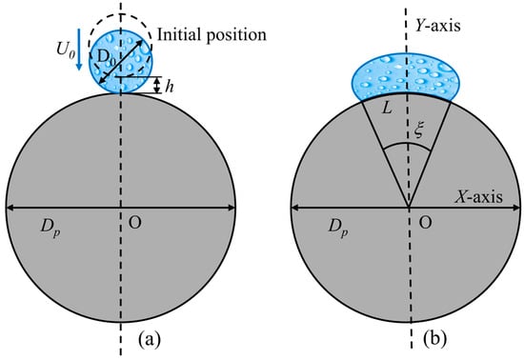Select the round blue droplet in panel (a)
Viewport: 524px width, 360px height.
120,59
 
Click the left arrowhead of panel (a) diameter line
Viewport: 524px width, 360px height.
10,209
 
